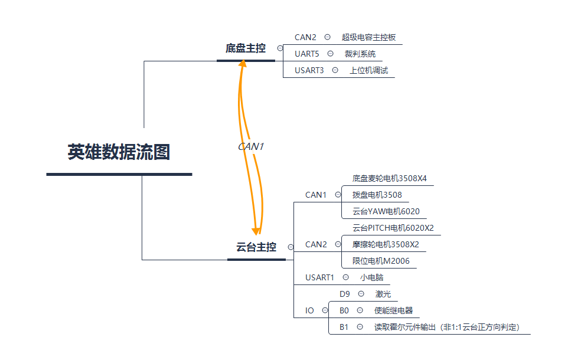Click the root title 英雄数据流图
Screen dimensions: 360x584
click(119, 152)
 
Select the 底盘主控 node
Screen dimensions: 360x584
click(246, 48)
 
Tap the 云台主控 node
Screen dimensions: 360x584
click(256, 247)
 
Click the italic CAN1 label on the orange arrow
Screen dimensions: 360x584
click(250, 146)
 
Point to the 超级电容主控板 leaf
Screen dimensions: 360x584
click(368, 37)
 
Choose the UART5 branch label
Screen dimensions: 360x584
click(306, 54)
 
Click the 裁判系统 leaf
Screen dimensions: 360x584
click(360, 54)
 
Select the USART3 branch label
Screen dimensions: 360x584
click(309, 70)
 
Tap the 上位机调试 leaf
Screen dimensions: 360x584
click(369, 70)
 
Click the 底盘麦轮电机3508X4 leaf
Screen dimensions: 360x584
click(389, 178)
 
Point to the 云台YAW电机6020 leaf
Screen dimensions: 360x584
click(386, 211)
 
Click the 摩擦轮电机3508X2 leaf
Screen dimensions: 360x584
click(386, 244)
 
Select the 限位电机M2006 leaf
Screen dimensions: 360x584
click(381, 261)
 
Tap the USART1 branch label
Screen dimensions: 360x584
click(319, 277)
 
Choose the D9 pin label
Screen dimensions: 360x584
click(345, 294)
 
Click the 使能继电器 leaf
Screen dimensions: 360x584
click(393, 310)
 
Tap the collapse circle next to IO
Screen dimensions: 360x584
click(325, 310)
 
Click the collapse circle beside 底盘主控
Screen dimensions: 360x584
click(280, 48)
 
